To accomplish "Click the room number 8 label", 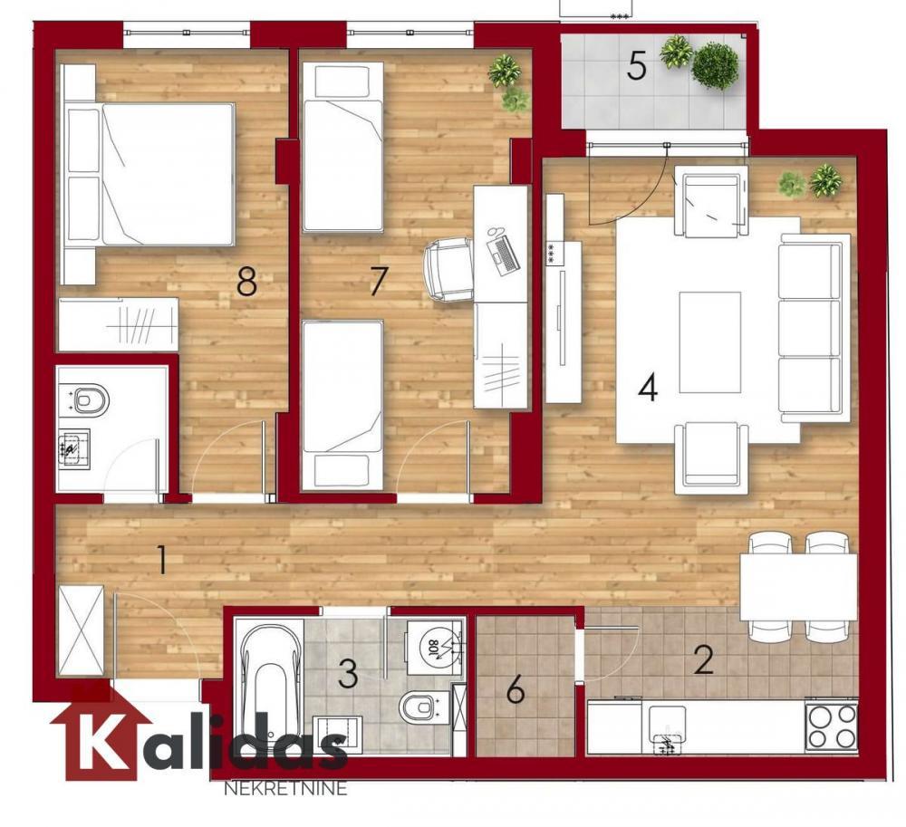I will coord(246,282).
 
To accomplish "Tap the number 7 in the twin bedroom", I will coord(378,282).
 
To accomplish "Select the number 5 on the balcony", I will coord(637,66).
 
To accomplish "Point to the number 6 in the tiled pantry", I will coord(516,691).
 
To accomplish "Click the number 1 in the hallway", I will coord(161,560).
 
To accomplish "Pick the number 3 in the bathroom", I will coord(348,673).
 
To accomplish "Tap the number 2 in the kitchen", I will coord(703,659).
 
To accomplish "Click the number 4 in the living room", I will coord(647,388).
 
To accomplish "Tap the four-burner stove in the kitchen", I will coord(831,726).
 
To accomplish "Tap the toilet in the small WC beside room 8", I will coord(89,399).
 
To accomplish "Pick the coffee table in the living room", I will coord(709,341).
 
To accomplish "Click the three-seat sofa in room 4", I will coord(812,328).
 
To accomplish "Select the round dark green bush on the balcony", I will coord(716,66).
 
